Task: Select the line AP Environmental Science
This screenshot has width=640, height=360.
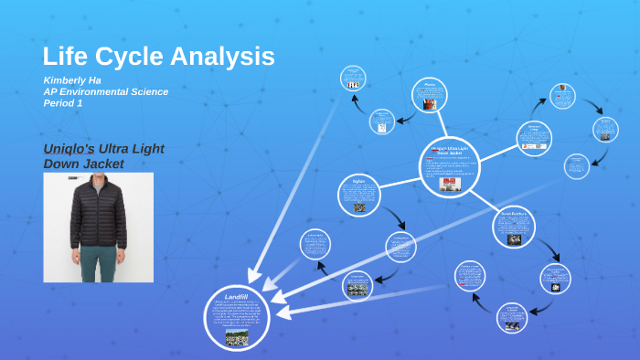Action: point(105,91)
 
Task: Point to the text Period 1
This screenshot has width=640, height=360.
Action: point(63,103)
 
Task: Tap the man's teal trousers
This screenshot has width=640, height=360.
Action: point(99,260)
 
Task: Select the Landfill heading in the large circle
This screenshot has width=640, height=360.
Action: point(236,297)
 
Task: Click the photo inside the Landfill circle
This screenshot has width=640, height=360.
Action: point(237,337)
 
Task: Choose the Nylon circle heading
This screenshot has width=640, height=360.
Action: point(358,181)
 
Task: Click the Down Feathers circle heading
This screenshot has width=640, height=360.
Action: point(513,213)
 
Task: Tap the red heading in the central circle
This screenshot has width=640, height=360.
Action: point(449,150)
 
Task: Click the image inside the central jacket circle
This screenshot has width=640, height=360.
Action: point(449,184)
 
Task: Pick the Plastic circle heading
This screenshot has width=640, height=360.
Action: point(429,83)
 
